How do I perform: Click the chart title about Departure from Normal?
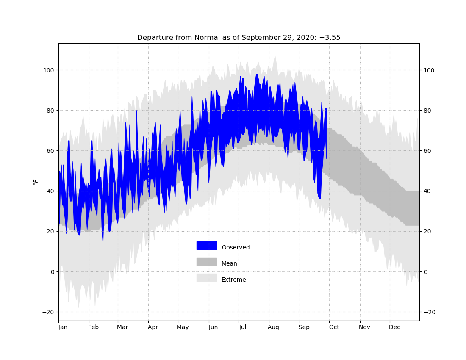click(x=239, y=37)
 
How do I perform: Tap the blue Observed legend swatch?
click(x=207, y=246)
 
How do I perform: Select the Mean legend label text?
click(x=229, y=263)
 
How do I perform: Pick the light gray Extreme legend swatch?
click(x=207, y=278)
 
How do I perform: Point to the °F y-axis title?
click(x=36, y=182)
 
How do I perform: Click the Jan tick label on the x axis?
click(x=63, y=327)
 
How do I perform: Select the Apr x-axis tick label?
click(x=153, y=327)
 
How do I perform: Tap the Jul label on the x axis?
click(x=242, y=327)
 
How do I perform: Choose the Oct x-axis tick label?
click(x=334, y=327)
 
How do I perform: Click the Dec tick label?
click(x=395, y=327)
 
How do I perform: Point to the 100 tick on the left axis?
click(x=49, y=70)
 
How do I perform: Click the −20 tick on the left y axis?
click(x=48, y=312)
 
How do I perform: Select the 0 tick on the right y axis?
click(x=426, y=272)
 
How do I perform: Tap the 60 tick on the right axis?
click(x=427, y=151)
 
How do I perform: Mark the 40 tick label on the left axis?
click(x=50, y=191)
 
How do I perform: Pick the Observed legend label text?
click(x=236, y=247)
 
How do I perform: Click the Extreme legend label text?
click(x=233, y=280)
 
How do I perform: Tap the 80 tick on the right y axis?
click(x=427, y=111)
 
